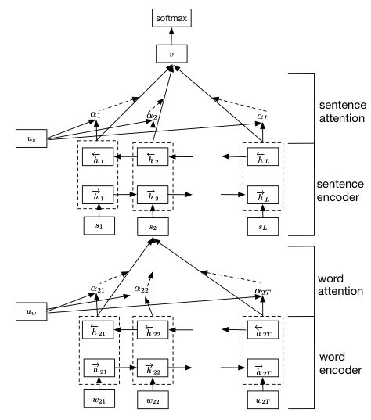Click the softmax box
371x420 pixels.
click(x=171, y=18)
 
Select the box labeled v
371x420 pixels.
click(x=171, y=54)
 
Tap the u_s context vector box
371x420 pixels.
click(x=31, y=138)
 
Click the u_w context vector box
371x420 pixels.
click(x=31, y=311)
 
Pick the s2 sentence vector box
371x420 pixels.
click(x=153, y=227)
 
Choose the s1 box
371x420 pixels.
click(x=99, y=226)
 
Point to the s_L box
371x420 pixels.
click(x=263, y=227)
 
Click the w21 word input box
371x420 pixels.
click(x=99, y=399)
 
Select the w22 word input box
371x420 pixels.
click(x=153, y=400)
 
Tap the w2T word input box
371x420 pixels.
click(x=263, y=400)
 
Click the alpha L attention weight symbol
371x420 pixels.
click(x=263, y=117)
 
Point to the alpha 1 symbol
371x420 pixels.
click(x=95, y=115)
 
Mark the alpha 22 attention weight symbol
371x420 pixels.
click(x=141, y=289)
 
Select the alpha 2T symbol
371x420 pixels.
click(x=263, y=292)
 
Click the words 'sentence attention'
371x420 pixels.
click(x=342, y=111)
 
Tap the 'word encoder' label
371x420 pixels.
click(x=340, y=364)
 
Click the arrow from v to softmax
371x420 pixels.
click(x=171, y=36)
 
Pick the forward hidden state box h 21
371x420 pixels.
click(x=99, y=368)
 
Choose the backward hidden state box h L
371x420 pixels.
click(x=263, y=156)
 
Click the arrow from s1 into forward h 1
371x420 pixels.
click(x=99, y=210)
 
